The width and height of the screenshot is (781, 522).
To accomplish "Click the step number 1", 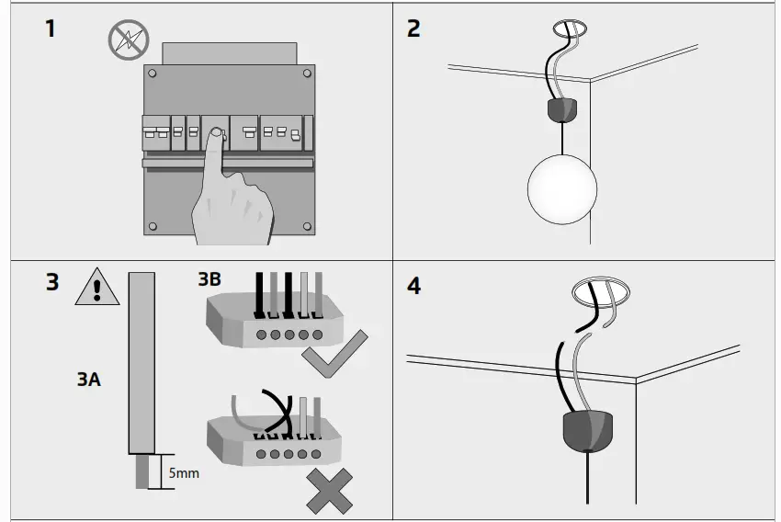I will click(x=50, y=28).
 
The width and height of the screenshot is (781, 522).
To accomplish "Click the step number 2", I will click(x=413, y=28).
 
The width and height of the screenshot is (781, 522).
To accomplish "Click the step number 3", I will click(x=51, y=281).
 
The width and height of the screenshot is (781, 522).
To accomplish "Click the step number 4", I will click(x=414, y=286).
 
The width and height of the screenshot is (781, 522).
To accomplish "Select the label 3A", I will click(x=88, y=379).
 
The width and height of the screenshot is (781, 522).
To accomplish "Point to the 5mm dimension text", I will click(x=184, y=474).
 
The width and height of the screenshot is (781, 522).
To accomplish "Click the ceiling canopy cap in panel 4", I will click(x=588, y=429).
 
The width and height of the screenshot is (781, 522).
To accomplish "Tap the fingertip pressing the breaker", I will click(x=213, y=135).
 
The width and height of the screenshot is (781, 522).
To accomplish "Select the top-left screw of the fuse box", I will click(x=152, y=73).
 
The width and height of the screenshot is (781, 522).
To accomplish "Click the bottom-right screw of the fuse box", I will click(x=306, y=226).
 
